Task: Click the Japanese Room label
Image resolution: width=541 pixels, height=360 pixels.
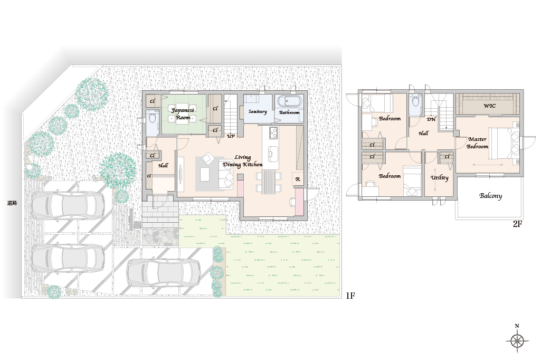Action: [183, 113]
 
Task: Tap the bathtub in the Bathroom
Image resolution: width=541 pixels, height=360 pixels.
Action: [289, 102]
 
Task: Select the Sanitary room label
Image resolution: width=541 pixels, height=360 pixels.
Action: [258, 111]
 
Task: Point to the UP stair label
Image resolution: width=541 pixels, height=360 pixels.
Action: [231, 136]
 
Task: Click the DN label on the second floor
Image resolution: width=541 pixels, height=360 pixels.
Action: [431, 119]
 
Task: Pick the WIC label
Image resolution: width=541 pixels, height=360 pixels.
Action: [489, 106]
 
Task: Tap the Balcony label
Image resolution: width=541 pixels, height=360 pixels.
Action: [490, 196]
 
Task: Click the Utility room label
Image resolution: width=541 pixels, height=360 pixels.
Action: [440, 178]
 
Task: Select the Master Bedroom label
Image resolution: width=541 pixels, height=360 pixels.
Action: [478, 143]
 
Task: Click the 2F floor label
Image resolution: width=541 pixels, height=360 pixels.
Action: [517, 224]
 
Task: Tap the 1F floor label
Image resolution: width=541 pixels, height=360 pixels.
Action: [350, 296]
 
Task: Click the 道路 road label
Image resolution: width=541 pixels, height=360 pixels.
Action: [12, 203]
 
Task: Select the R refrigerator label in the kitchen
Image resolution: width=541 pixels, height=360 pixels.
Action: [298, 179]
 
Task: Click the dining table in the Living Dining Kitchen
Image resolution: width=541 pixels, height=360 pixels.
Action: [268, 182]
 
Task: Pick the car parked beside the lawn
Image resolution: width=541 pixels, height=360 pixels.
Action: [163, 273]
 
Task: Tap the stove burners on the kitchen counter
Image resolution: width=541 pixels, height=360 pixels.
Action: [273, 132]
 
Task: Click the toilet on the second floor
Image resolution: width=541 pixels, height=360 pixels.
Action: [415, 102]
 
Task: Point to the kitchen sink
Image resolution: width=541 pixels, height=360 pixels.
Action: [273, 152]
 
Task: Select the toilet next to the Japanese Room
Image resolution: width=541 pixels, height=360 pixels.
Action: [152, 118]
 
